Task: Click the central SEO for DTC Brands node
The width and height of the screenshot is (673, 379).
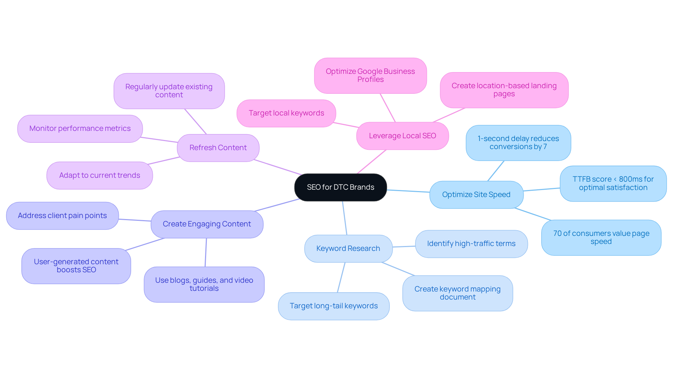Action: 340,187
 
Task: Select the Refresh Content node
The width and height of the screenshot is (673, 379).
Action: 218,148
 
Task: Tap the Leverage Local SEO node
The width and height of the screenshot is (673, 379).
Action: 402,136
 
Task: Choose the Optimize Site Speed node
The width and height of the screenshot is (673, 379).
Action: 476,195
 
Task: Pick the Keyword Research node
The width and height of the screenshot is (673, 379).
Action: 348,248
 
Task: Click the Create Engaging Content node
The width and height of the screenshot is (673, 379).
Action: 207,224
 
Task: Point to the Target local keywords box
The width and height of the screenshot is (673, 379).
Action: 286,113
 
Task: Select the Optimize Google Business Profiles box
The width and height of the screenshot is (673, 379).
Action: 370,76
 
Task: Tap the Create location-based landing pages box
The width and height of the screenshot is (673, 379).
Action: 504,90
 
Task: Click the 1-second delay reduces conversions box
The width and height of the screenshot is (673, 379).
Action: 518,143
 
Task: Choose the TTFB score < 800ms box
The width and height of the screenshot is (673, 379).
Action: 613,183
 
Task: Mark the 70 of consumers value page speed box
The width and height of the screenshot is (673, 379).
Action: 601,237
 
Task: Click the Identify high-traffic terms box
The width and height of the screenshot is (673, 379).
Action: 471,244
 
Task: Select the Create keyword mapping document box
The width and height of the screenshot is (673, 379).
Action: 457,293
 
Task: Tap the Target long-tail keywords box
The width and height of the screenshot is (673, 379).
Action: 334,306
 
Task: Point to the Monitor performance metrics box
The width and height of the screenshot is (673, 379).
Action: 80,128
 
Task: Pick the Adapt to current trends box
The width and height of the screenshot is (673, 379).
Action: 100,175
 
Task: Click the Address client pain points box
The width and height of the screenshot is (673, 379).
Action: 62,216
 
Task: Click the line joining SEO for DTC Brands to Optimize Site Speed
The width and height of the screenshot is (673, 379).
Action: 408,191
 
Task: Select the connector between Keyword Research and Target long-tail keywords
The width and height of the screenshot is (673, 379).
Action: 341,278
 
